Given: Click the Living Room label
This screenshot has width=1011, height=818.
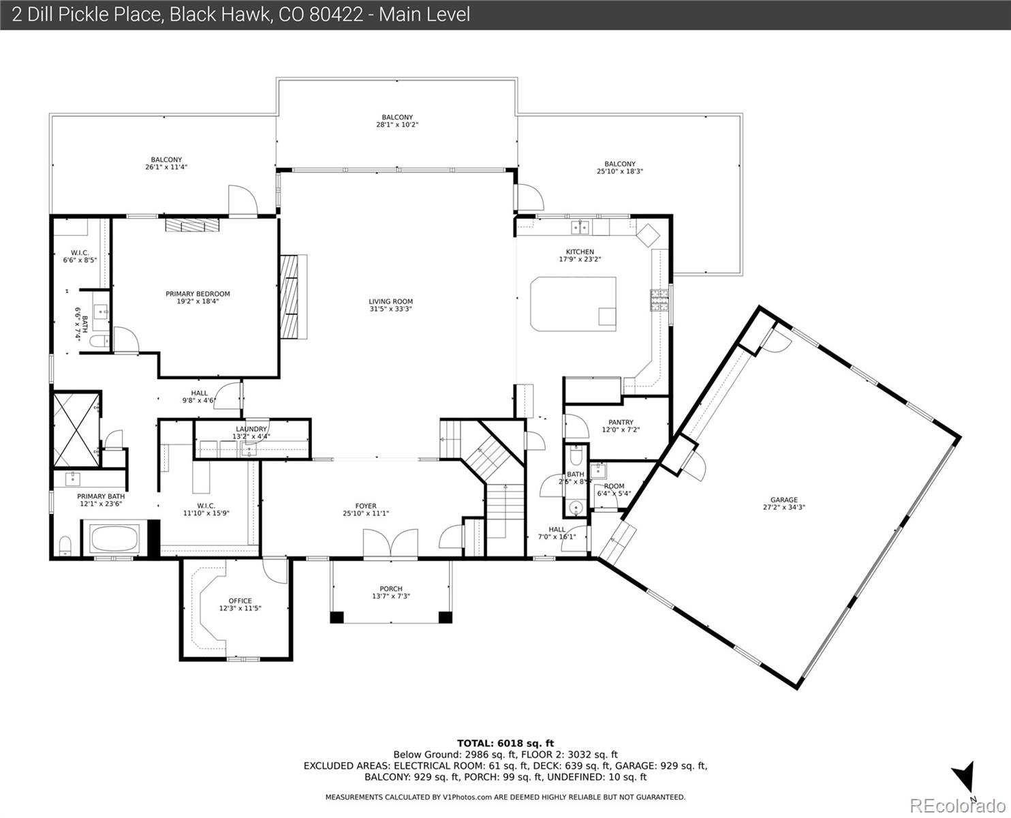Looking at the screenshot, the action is (390, 301).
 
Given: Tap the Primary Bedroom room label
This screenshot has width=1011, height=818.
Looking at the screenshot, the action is (198, 294).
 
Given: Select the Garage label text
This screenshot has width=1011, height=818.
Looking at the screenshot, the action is (783, 500).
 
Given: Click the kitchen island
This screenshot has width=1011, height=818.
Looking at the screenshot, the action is (573, 304).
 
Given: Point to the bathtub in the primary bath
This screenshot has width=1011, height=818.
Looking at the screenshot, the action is (114, 539).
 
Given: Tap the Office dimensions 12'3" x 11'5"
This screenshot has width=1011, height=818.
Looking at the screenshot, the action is (240, 608).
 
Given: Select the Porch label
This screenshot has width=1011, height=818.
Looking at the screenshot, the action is (390, 589).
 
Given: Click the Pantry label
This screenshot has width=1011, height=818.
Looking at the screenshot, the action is (621, 422).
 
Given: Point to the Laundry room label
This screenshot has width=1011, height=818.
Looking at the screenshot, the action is (251, 429).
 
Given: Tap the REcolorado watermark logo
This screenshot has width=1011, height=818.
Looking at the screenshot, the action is (957, 805).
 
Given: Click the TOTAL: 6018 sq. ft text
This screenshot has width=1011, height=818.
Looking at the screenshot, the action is (505, 744).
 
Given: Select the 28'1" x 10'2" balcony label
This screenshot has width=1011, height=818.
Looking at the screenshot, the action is (397, 124).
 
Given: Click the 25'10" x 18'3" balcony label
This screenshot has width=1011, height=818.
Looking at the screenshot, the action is (620, 171).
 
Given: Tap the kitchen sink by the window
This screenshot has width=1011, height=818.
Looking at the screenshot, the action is (580, 228).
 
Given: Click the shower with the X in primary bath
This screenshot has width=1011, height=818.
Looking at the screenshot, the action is (76, 429).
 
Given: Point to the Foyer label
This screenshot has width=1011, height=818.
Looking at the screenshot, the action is (366, 506).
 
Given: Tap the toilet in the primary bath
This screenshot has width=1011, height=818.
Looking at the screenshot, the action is (65, 547).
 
